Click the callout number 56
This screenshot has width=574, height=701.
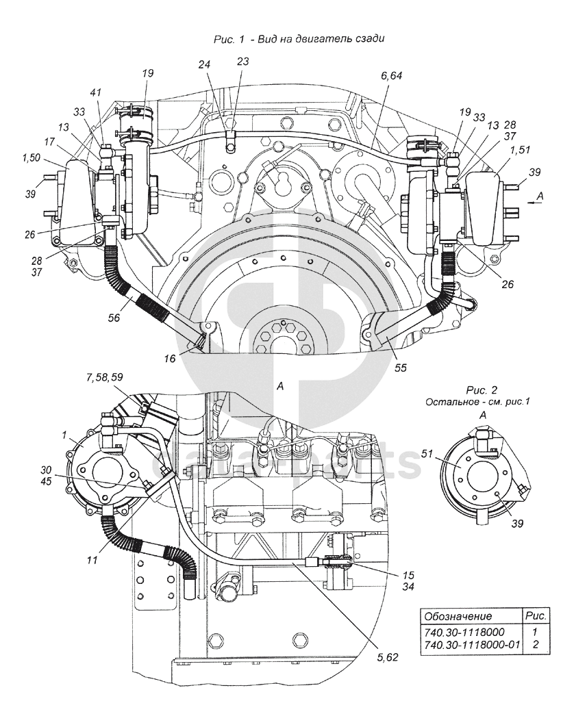point(114,317)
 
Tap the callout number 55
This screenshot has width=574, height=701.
point(401,368)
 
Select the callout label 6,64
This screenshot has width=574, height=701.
point(391,76)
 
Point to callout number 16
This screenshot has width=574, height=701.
point(169,358)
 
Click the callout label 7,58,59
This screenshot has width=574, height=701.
point(105,378)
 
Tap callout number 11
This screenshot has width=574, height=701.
point(92,560)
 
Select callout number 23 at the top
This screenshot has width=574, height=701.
point(242,61)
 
